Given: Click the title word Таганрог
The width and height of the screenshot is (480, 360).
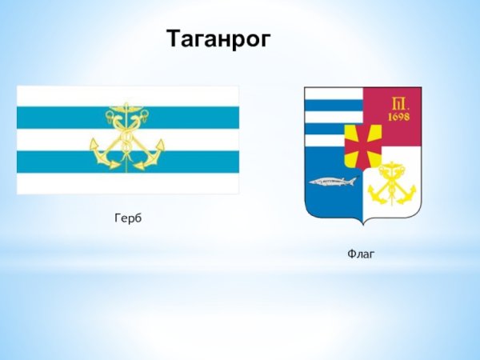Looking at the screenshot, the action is coord(218,39).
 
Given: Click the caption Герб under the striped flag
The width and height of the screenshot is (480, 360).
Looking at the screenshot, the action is coord(128,218).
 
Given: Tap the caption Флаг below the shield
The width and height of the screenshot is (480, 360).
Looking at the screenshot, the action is coord(361,254).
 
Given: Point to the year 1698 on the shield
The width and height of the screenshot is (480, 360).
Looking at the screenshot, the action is coord(399,117).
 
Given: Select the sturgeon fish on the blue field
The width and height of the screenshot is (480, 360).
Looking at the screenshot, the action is coord(333,182).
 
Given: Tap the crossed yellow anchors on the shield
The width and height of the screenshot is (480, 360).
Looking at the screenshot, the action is coord(392,183).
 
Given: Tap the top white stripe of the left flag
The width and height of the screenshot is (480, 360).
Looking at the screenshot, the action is coord(128,96).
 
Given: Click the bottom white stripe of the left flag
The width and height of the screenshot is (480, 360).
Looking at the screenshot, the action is coord(128,183).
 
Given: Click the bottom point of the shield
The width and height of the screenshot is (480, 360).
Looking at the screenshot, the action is coord(363,225).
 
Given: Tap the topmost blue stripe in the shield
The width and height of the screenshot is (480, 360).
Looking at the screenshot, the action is coord(334,106).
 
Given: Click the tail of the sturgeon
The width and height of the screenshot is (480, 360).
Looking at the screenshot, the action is coord(353,181).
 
